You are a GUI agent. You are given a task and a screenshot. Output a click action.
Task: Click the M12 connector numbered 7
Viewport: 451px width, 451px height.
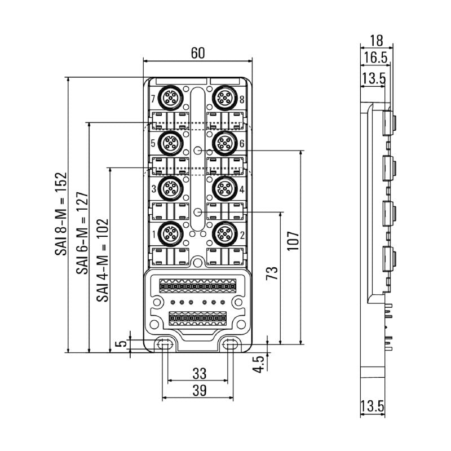point(169,99)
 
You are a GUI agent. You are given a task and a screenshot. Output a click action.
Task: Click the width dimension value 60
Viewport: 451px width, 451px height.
point(197,53)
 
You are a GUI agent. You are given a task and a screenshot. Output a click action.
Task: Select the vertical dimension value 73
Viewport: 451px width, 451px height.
point(272,275)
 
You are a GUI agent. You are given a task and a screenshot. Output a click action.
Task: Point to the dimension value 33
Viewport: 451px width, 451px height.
point(198,373)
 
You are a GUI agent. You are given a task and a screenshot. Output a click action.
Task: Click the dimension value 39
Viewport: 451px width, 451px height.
point(198,390)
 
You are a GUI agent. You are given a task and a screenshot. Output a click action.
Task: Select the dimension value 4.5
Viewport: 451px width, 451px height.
point(258,364)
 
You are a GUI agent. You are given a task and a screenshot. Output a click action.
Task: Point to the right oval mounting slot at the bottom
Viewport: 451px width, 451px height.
point(230,345)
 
